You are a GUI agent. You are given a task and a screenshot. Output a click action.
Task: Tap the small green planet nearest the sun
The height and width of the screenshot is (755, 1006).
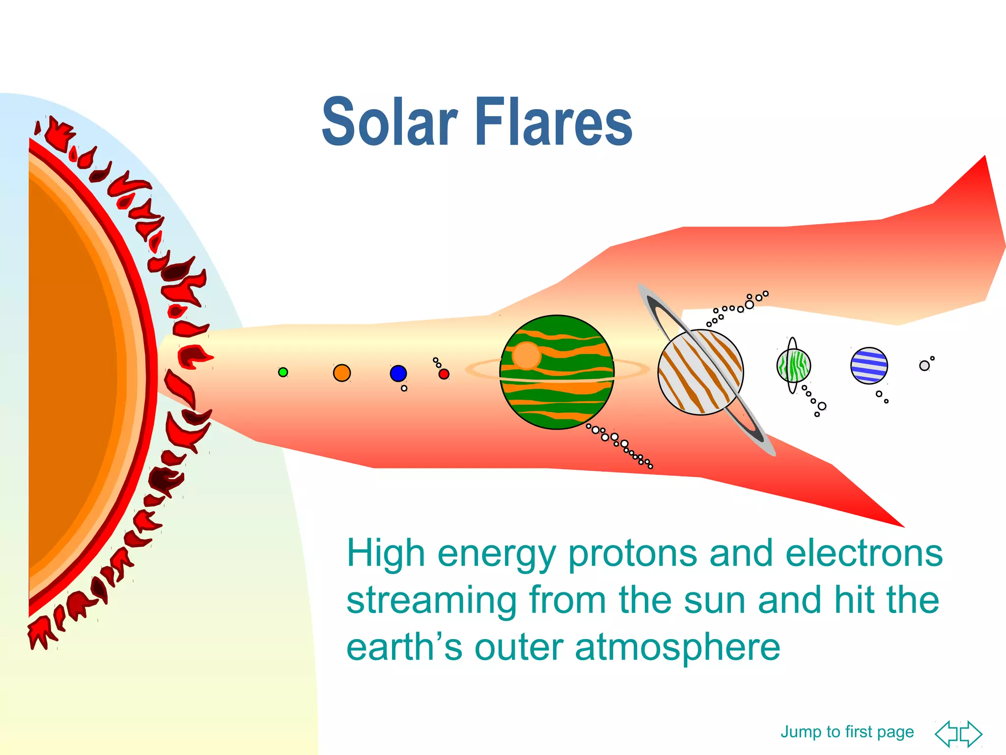coord(283,372)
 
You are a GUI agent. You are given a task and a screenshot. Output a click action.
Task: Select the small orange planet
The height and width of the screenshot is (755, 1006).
coord(342,373)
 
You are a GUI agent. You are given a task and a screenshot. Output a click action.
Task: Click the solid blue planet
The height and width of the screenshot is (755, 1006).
coord(398,373)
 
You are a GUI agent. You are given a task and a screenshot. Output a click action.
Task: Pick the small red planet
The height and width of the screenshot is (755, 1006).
coord(444,374)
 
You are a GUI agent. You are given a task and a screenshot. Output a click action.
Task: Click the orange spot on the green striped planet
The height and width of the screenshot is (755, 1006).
coord(526,355)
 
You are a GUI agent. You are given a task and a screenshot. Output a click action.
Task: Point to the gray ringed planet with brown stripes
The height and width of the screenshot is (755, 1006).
coord(700,372)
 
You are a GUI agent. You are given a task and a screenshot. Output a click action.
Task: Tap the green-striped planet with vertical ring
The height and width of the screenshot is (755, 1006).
coord(794,365)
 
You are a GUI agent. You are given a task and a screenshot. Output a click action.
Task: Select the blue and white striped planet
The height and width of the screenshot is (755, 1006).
coord(869,365)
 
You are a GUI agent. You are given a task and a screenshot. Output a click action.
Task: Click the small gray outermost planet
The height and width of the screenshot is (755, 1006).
coord(924,366)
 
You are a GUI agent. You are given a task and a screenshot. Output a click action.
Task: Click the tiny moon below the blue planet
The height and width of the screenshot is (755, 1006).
coord(404,388)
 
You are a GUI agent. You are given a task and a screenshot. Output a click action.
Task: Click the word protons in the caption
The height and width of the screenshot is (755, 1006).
coord(633,553)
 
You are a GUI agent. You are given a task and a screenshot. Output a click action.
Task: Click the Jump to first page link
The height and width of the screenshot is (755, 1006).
coord(847,731)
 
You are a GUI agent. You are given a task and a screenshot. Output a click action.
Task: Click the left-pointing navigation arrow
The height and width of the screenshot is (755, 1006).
coord(946,734)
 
